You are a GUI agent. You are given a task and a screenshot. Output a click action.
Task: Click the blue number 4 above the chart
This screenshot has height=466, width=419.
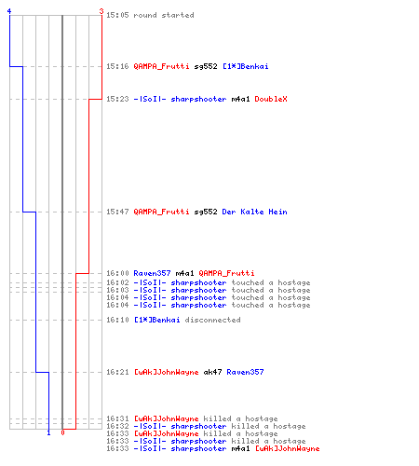pos(9,11)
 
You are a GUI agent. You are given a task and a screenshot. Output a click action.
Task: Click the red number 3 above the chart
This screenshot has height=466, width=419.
pos(101,11)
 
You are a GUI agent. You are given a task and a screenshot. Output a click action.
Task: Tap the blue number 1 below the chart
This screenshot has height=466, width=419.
pos(48,432)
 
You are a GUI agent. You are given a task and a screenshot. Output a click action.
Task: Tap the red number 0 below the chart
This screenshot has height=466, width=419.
pos(62,432)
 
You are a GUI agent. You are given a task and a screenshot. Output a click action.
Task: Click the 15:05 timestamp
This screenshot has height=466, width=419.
pos(117,15)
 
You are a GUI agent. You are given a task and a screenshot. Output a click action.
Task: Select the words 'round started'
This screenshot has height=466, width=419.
pos(164,15)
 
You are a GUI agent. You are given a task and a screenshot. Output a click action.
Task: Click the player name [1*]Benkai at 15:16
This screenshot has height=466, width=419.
pos(246,66)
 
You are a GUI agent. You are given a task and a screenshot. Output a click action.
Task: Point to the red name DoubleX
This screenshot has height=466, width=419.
pos(271,99)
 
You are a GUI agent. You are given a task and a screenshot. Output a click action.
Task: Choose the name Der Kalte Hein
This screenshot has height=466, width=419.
pos(254,212)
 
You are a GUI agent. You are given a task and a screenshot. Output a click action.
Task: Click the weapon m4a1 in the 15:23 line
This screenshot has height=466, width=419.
pos(240,99)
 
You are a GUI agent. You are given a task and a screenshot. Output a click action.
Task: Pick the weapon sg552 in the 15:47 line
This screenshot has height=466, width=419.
pos(206,212)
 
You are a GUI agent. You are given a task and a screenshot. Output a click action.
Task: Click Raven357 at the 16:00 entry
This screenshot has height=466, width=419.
pos(152,273)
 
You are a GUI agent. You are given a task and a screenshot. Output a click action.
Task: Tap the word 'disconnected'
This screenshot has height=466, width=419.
pos(212,320)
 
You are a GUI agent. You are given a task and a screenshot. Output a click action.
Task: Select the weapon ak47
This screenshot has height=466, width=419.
pos(212,372)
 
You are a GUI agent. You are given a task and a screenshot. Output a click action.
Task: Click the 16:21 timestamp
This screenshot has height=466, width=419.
pos(117,372)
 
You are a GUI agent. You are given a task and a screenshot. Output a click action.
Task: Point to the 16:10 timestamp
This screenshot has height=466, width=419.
pos(117,320)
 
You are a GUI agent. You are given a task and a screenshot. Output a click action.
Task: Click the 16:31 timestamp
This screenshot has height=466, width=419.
pos(117,418)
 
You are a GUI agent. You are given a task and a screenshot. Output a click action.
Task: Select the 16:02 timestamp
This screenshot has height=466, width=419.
pos(117,282)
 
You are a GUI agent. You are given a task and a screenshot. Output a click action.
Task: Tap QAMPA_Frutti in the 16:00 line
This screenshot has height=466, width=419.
pos(226,273)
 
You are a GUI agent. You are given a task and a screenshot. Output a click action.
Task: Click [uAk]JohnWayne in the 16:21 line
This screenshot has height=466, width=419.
pos(166,372)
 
